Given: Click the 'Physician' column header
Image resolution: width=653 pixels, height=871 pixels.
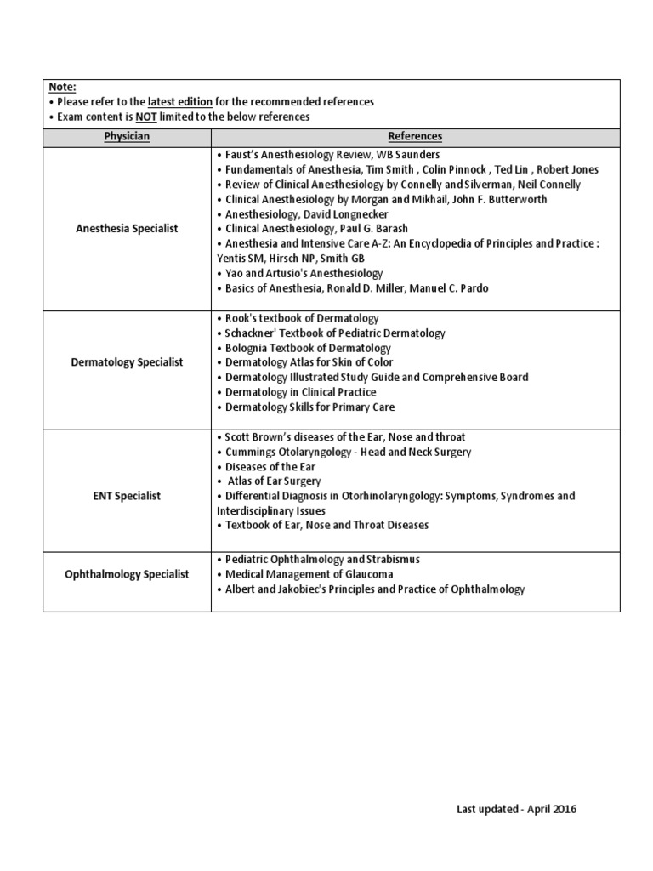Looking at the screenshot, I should pyautogui.click(x=126, y=136).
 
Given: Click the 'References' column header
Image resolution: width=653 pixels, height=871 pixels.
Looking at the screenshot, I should pyautogui.click(x=415, y=136).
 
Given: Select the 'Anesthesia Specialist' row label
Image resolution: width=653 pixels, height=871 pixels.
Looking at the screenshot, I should pyautogui.click(x=126, y=229).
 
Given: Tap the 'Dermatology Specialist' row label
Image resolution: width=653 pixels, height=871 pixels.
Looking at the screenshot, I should pyautogui.click(x=126, y=362).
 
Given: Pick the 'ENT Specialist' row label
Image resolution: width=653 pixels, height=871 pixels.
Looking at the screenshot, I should pyautogui.click(x=126, y=495).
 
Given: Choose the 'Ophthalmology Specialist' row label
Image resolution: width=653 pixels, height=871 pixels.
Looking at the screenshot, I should pyautogui.click(x=126, y=574).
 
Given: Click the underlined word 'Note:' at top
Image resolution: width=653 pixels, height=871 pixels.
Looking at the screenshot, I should pyautogui.click(x=62, y=87).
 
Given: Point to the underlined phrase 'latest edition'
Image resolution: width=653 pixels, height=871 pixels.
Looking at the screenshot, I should pyautogui.click(x=179, y=102).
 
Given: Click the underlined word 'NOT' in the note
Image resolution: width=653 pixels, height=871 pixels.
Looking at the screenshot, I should pyautogui.click(x=145, y=117).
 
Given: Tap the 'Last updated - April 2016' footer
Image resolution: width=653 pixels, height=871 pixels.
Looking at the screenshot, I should pyautogui.click(x=516, y=809).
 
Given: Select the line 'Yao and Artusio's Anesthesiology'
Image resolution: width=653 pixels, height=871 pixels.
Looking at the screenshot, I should pyautogui.click(x=304, y=274).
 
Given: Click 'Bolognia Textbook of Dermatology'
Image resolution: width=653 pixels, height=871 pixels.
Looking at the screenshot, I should pyautogui.click(x=308, y=348).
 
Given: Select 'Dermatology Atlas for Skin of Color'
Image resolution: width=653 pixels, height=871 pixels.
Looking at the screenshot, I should pyautogui.click(x=311, y=362).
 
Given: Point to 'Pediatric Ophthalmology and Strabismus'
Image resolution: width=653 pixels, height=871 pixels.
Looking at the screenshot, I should pyautogui.click(x=322, y=560).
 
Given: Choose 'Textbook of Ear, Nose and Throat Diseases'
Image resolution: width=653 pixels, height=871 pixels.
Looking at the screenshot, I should pyautogui.click(x=326, y=526).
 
